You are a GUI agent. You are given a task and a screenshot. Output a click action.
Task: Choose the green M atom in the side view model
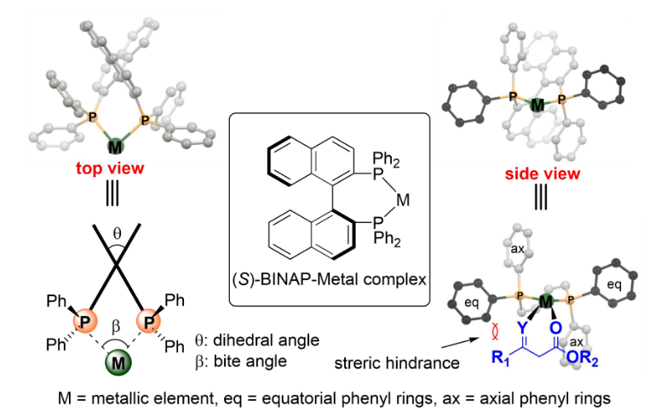tap(537, 106)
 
